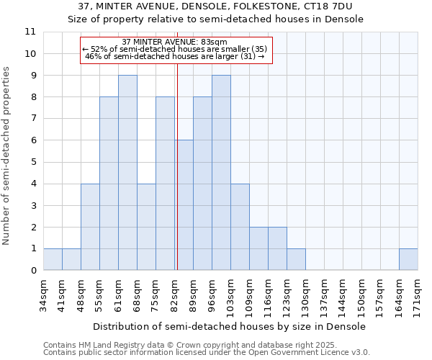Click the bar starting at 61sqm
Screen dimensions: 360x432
[127, 173]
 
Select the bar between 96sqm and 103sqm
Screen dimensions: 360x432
[221, 173]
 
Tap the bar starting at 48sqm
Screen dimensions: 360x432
[90, 227]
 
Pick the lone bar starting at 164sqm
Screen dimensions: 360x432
[408, 259]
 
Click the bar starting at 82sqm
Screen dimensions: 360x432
[184, 205]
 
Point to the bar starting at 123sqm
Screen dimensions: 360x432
[296, 259]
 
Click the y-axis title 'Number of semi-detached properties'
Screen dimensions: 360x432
[7, 156]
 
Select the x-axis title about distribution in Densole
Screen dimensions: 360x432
[230, 326]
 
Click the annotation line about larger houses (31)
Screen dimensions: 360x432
[175, 56]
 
